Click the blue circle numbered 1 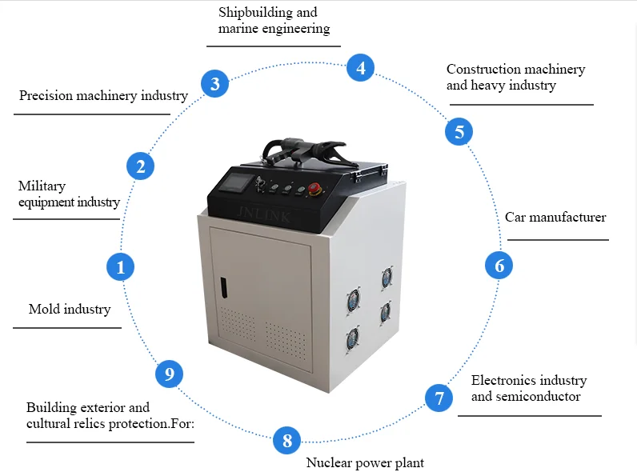(x=120, y=266)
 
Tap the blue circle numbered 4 (x=361, y=68)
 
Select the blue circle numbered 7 (x=439, y=397)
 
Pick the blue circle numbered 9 (x=169, y=374)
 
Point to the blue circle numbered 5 (x=459, y=131)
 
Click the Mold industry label (x=70, y=309)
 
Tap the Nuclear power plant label (x=365, y=462)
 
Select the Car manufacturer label (x=555, y=217)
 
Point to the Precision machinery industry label (x=103, y=95)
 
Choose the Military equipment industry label (x=69, y=194)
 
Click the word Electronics (x=498, y=380)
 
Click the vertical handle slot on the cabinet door (x=224, y=289)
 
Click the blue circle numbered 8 (x=286, y=440)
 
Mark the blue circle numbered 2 (x=140, y=166)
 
